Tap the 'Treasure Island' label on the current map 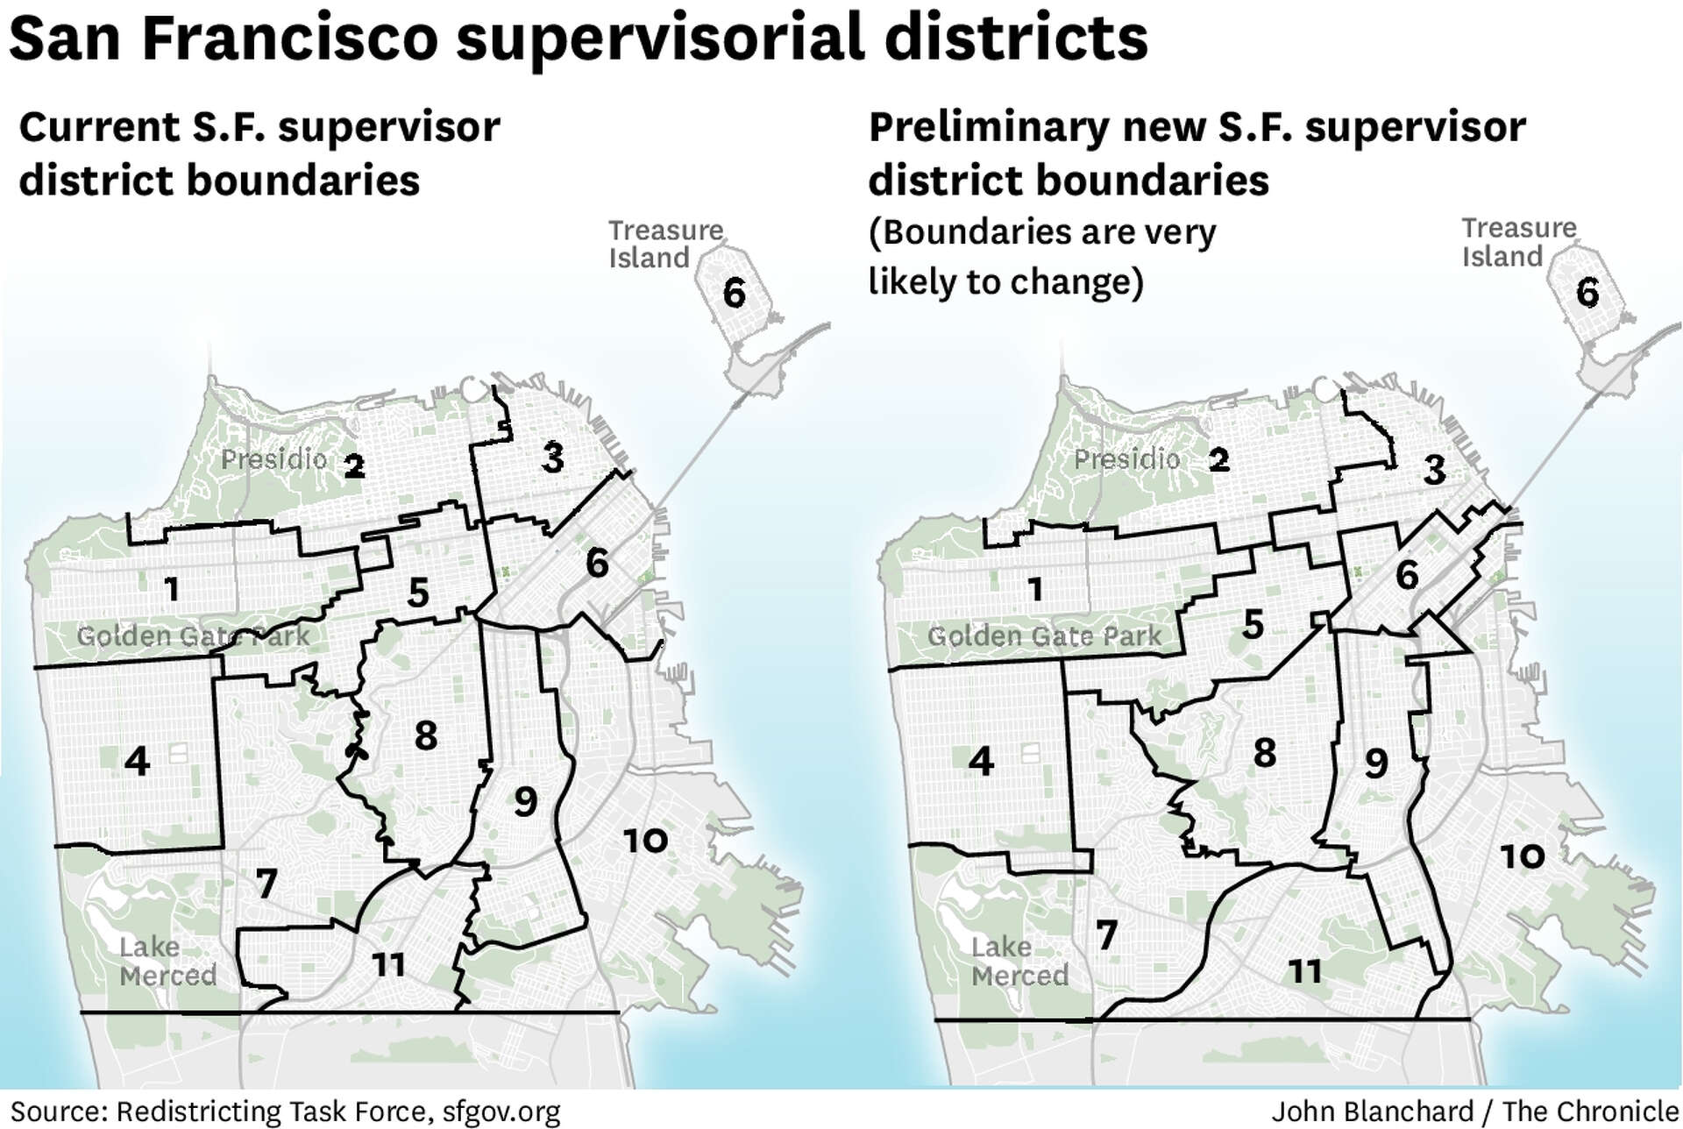(665, 244)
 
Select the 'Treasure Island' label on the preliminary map (1518, 242)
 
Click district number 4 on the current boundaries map (137, 761)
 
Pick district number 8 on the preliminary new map (1264, 752)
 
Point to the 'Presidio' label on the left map (273, 459)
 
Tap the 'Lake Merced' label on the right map (1019, 961)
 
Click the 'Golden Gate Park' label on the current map (193, 636)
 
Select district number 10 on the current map (645, 841)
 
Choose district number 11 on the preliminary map (1304, 970)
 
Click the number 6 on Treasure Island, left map (735, 293)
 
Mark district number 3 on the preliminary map (1434, 470)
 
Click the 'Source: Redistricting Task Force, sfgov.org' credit (285, 1111)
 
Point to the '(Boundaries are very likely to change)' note (1041, 257)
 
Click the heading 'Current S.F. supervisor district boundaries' (259, 153)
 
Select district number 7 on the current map (266, 883)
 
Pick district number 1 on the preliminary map (1035, 589)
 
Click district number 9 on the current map (525, 800)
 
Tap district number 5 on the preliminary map (1253, 625)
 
